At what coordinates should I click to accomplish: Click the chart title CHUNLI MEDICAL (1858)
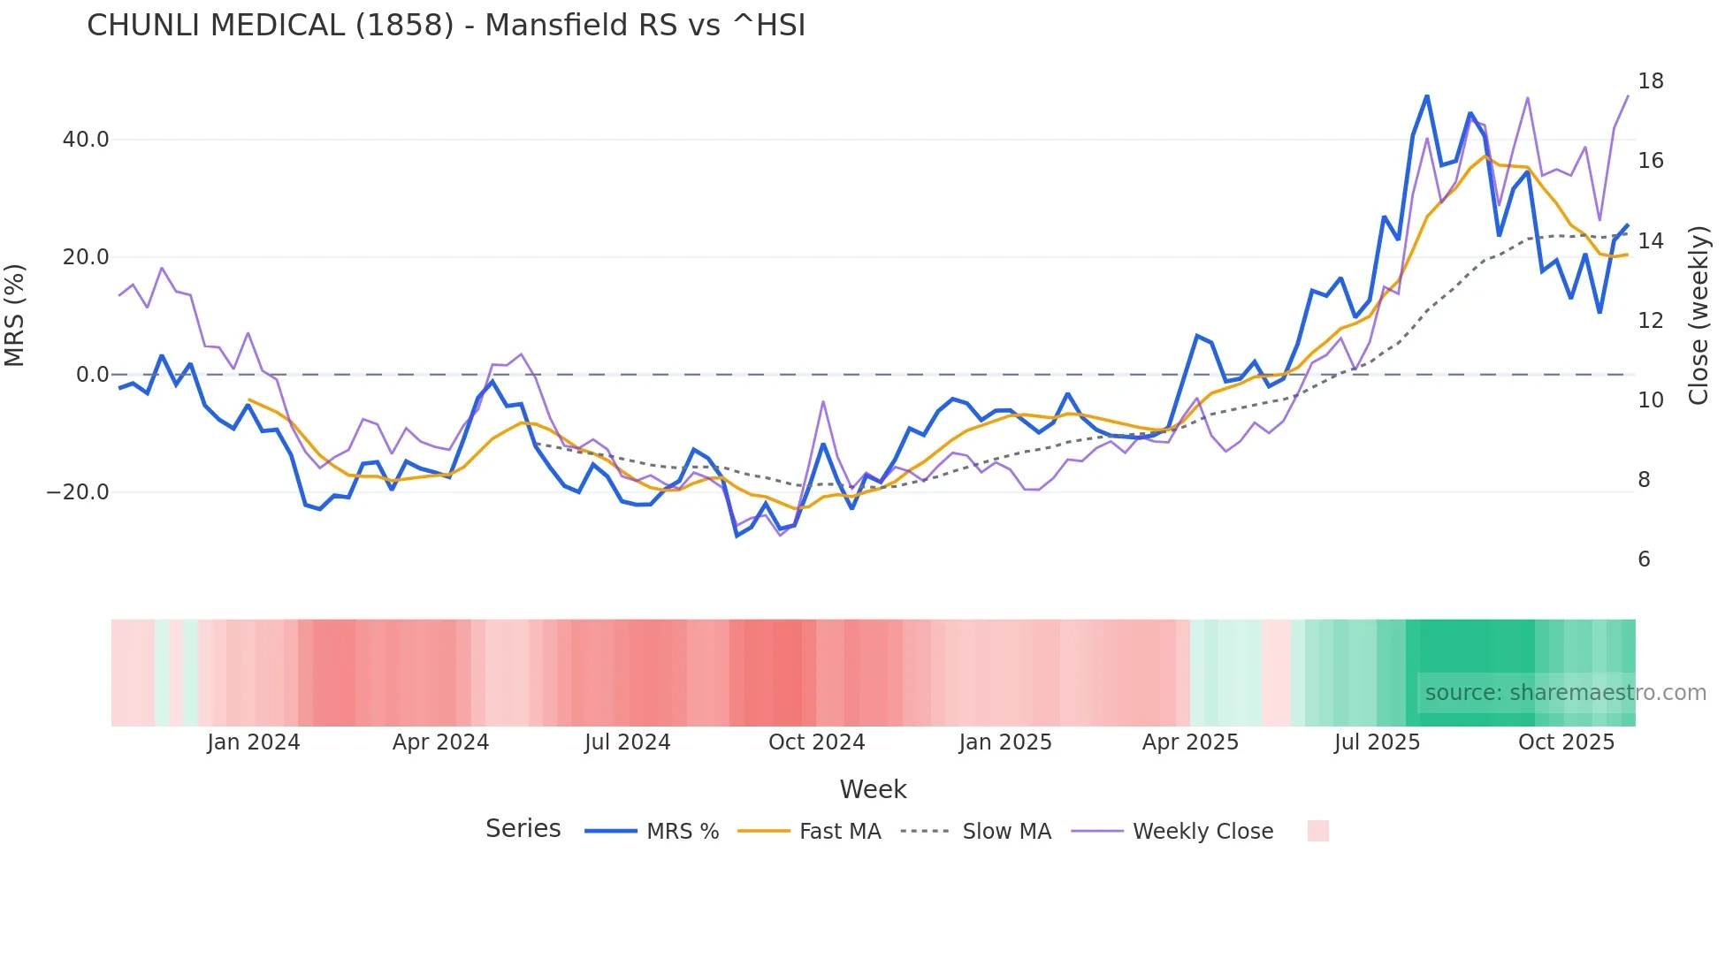[446, 26]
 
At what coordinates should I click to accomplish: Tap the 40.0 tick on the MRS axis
[86, 140]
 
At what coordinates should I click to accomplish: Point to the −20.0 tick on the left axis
[78, 492]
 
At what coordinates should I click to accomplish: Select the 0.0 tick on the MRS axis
[93, 375]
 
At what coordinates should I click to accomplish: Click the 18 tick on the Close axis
[1650, 81]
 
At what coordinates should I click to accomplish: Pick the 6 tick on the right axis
[1644, 559]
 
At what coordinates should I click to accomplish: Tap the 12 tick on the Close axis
[1650, 321]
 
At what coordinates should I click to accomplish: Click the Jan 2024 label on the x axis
[254, 742]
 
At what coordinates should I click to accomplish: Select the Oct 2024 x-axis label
[816, 742]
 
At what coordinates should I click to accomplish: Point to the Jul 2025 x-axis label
[1377, 742]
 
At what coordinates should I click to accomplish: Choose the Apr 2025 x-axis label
[1190, 742]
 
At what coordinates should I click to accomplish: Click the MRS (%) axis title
[15, 315]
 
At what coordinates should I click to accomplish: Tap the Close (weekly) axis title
[1699, 315]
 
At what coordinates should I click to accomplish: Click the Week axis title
[873, 789]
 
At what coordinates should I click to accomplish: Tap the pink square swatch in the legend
[1317, 831]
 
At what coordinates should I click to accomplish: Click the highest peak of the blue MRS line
[1427, 95]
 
